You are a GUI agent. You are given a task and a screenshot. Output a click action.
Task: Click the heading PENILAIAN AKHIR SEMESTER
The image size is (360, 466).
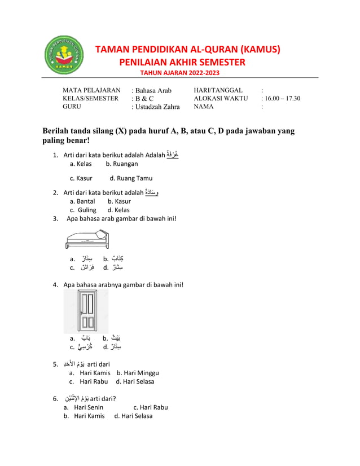(182, 61)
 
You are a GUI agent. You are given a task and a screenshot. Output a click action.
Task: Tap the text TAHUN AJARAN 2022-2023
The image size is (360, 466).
(180, 73)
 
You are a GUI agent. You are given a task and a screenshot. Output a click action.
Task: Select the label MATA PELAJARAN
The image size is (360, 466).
(91, 90)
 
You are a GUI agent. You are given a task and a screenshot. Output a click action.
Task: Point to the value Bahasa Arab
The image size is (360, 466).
(153, 91)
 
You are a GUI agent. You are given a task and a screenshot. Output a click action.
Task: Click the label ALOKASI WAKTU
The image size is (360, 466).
(221, 98)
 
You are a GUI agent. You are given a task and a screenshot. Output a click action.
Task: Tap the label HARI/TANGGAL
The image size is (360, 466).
(218, 90)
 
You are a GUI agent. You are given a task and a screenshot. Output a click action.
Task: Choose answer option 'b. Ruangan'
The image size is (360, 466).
(121, 164)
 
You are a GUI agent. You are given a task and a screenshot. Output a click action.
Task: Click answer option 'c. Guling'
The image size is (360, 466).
(83, 210)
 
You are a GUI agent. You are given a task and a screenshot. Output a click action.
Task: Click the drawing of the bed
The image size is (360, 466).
(87, 240)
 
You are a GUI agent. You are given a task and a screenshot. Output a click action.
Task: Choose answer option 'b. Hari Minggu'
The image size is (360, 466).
(138, 372)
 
